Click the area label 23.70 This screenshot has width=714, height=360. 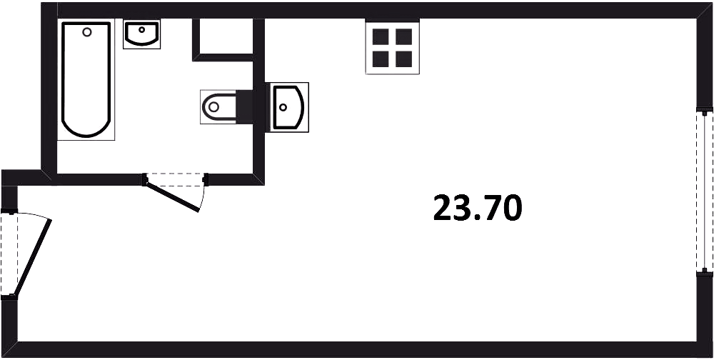pyautogui.click(x=477, y=208)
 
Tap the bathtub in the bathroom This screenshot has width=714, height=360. pyautogui.click(x=86, y=79)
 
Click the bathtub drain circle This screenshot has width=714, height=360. pyautogui.click(x=87, y=32)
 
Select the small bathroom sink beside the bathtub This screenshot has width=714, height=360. pyautogui.click(x=141, y=34)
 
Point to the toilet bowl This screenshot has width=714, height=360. pyautogui.click(x=218, y=107)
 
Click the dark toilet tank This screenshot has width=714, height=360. pyautogui.click(x=244, y=107)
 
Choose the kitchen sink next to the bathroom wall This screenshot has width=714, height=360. pyautogui.click(x=287, y=107)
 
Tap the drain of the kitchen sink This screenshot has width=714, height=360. pyautogui.click(x=283, y=107)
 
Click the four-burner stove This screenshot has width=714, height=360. pyautogui.click(x=392, y=47)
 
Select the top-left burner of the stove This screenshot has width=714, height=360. pyautogui.click(x=381, y=36)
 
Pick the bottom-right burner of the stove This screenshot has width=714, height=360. pyautogui.click(x=404, y=59)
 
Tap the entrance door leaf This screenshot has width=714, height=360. pyautogui.click(x=33, y=258)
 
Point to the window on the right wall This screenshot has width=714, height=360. pyautogui.click(x=705, y=191)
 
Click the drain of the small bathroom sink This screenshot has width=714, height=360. pyautogui.click(x=141, y=29)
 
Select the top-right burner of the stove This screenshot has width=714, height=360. pyautogui.click(x=404, y=36)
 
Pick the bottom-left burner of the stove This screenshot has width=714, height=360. pyautogui.click(x=381, y=59)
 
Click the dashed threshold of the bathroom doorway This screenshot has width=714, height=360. pyautogui.click(x=176, y=179)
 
